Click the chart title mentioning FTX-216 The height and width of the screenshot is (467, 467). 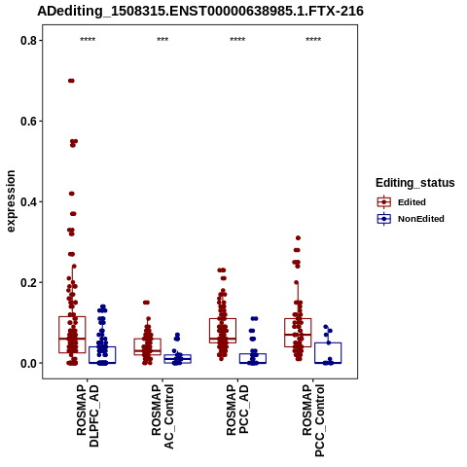(x=200, y=11)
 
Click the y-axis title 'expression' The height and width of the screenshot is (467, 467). (x=11, y=201)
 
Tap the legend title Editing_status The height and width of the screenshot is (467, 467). (x=414, y=183)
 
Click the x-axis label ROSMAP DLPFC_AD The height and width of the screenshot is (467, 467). (x=88, y=415)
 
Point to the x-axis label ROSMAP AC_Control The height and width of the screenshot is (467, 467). (x=162, y=416)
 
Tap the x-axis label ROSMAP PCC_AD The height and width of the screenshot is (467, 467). (x=237, y=410)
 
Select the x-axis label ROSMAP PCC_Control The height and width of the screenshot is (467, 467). (x=313, y=420)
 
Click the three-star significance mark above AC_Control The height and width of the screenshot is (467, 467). (x=162, y=40)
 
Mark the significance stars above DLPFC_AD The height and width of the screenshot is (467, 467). (x=88, y=40)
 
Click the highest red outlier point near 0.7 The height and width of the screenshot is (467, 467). (x=71, y=81)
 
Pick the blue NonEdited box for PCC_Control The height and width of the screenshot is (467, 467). (x=328, y=342)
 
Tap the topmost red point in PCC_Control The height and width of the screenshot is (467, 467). (x=298, y=238)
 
